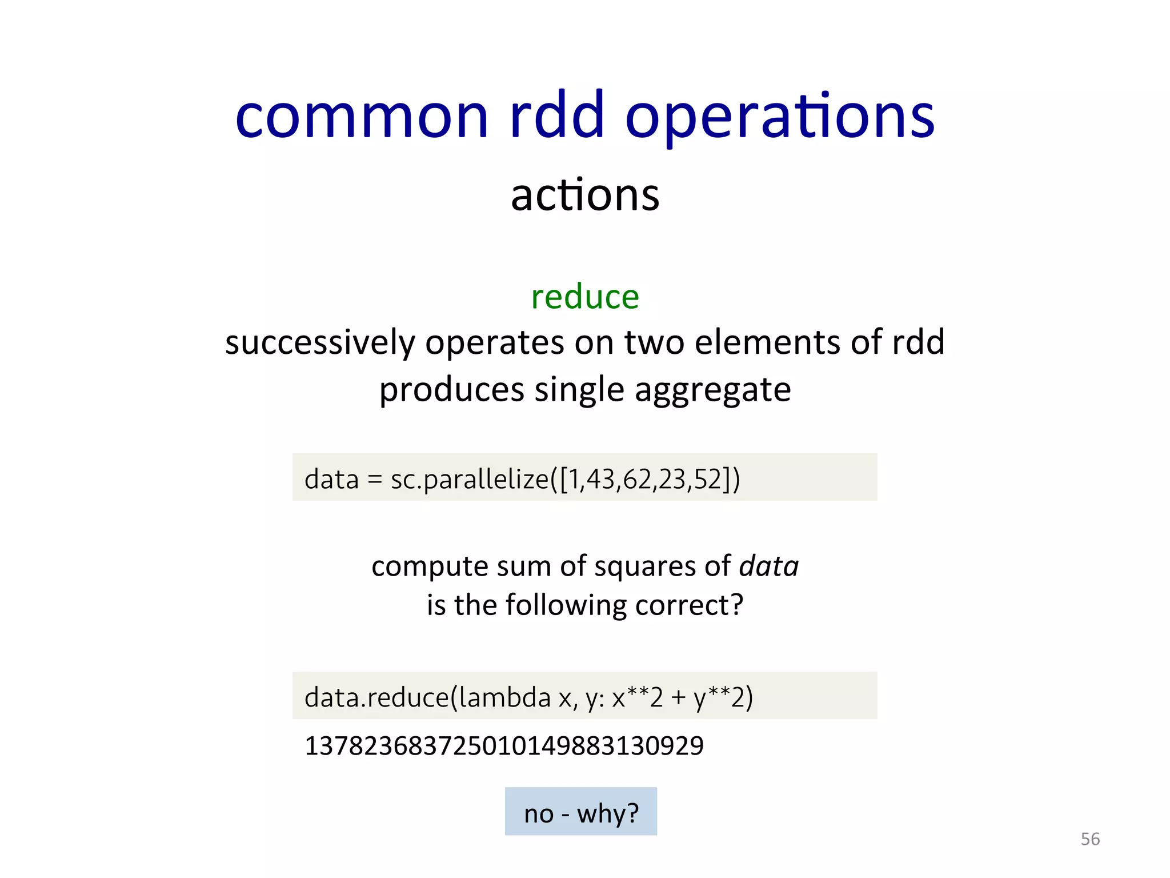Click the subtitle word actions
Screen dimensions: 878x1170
coord(584,195)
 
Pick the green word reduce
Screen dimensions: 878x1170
coord(584,297)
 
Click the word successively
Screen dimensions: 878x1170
coord(319,343)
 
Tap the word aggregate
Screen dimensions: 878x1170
coord(712,390)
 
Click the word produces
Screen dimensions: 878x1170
coord(451,390)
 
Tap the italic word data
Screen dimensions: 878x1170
coord(768,566)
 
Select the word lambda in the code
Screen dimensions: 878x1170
coord(504,697)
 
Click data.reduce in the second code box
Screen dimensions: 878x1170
coord(376,697)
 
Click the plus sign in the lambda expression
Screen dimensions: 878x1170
coord(678,698)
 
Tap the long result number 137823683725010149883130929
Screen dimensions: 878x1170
coord(504,746)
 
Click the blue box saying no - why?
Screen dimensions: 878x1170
coord(580,812)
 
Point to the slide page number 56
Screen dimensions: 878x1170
coord(1089,839)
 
